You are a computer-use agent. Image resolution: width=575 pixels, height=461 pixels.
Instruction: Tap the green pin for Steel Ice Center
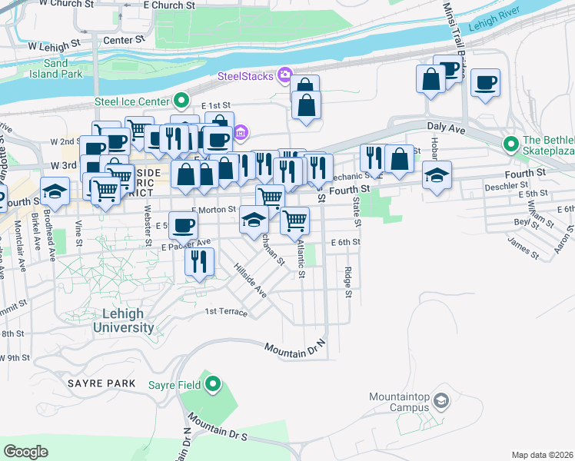pos(181,101)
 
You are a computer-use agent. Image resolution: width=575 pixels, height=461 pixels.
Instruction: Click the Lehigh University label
pos(123,320)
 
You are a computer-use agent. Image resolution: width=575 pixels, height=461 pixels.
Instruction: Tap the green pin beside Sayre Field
pos(213,384)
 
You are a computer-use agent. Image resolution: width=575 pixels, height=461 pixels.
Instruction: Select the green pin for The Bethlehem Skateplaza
pos(510,144)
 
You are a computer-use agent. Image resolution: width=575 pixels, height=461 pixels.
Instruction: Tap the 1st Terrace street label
pos(226,312)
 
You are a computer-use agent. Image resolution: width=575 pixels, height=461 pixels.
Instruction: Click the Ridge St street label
pos(348,282)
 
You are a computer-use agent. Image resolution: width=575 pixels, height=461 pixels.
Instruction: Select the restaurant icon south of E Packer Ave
pos(199,262)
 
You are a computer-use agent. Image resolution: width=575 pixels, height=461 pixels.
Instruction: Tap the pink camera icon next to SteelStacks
pos(285,75)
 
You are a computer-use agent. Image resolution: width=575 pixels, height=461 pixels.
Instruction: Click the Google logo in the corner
pos(25,452)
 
